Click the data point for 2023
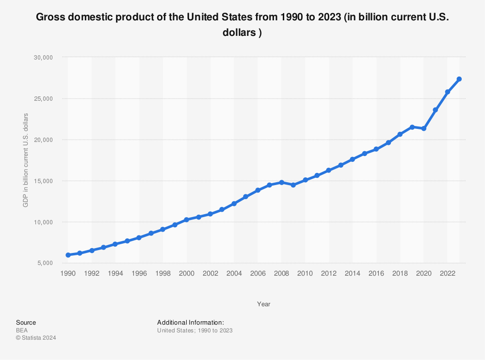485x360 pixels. (459, 79)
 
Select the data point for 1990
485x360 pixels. (68, 255)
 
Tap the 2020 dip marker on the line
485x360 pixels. (424, 128)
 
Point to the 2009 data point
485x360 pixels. (293, 185)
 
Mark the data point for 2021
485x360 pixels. (436, 110)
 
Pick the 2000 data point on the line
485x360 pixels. (187, 219)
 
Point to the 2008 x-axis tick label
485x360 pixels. (281, 273)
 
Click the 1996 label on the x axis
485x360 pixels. (139, 273)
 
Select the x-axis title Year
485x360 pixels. (264, 304)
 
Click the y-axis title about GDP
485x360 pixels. (26, 160)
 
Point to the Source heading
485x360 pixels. (26, 323)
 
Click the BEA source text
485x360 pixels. (22, 330)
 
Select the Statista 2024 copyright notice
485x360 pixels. (36, 338)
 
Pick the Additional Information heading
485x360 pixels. (191, 323)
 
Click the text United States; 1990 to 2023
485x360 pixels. (195, 330)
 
